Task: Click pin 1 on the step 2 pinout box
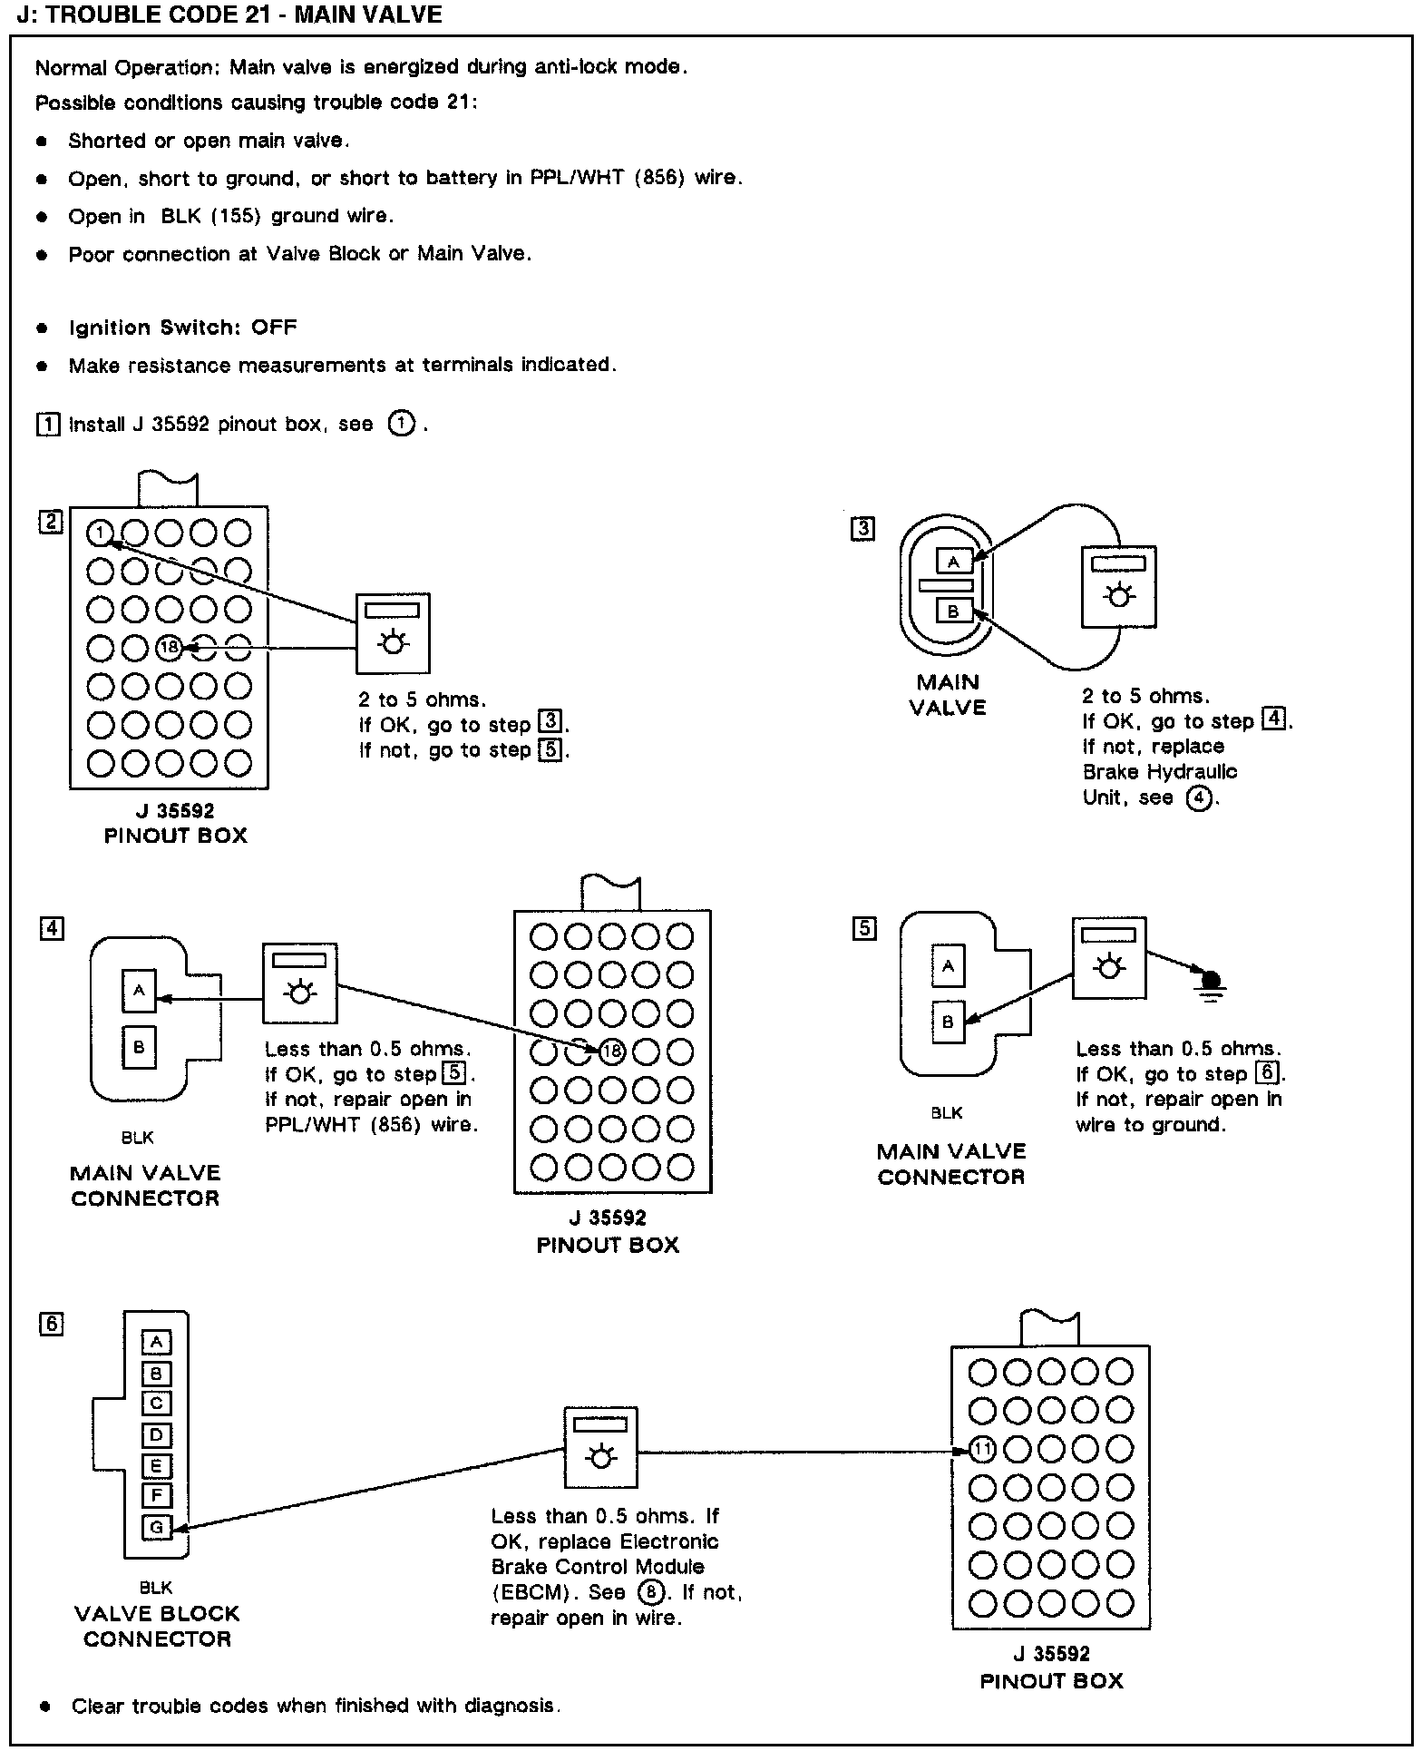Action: coord(100,533)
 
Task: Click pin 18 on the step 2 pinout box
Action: coord(169,648)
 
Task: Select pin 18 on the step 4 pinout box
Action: coord(612,1052)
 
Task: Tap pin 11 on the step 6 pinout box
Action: coord(982,1450)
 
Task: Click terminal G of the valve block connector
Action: coord(156,1528)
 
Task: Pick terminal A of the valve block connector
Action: coord(156,1342)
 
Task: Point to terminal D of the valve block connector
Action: coord(156,1435)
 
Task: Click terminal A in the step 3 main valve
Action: coord(953,562)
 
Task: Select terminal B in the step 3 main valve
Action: coord(953,611)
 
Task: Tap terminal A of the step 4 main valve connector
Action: coord(139,991)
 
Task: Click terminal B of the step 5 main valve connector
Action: coord(948,1022)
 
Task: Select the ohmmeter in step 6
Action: coord(599,1448)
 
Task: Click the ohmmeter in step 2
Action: coord(392,633)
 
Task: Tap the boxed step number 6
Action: coord(52,1324)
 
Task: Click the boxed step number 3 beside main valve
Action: coord(862,529)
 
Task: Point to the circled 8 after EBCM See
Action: coord(650,1592)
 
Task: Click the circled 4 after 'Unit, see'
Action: coord(1199,798)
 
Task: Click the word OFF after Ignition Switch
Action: coord(274,328)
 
